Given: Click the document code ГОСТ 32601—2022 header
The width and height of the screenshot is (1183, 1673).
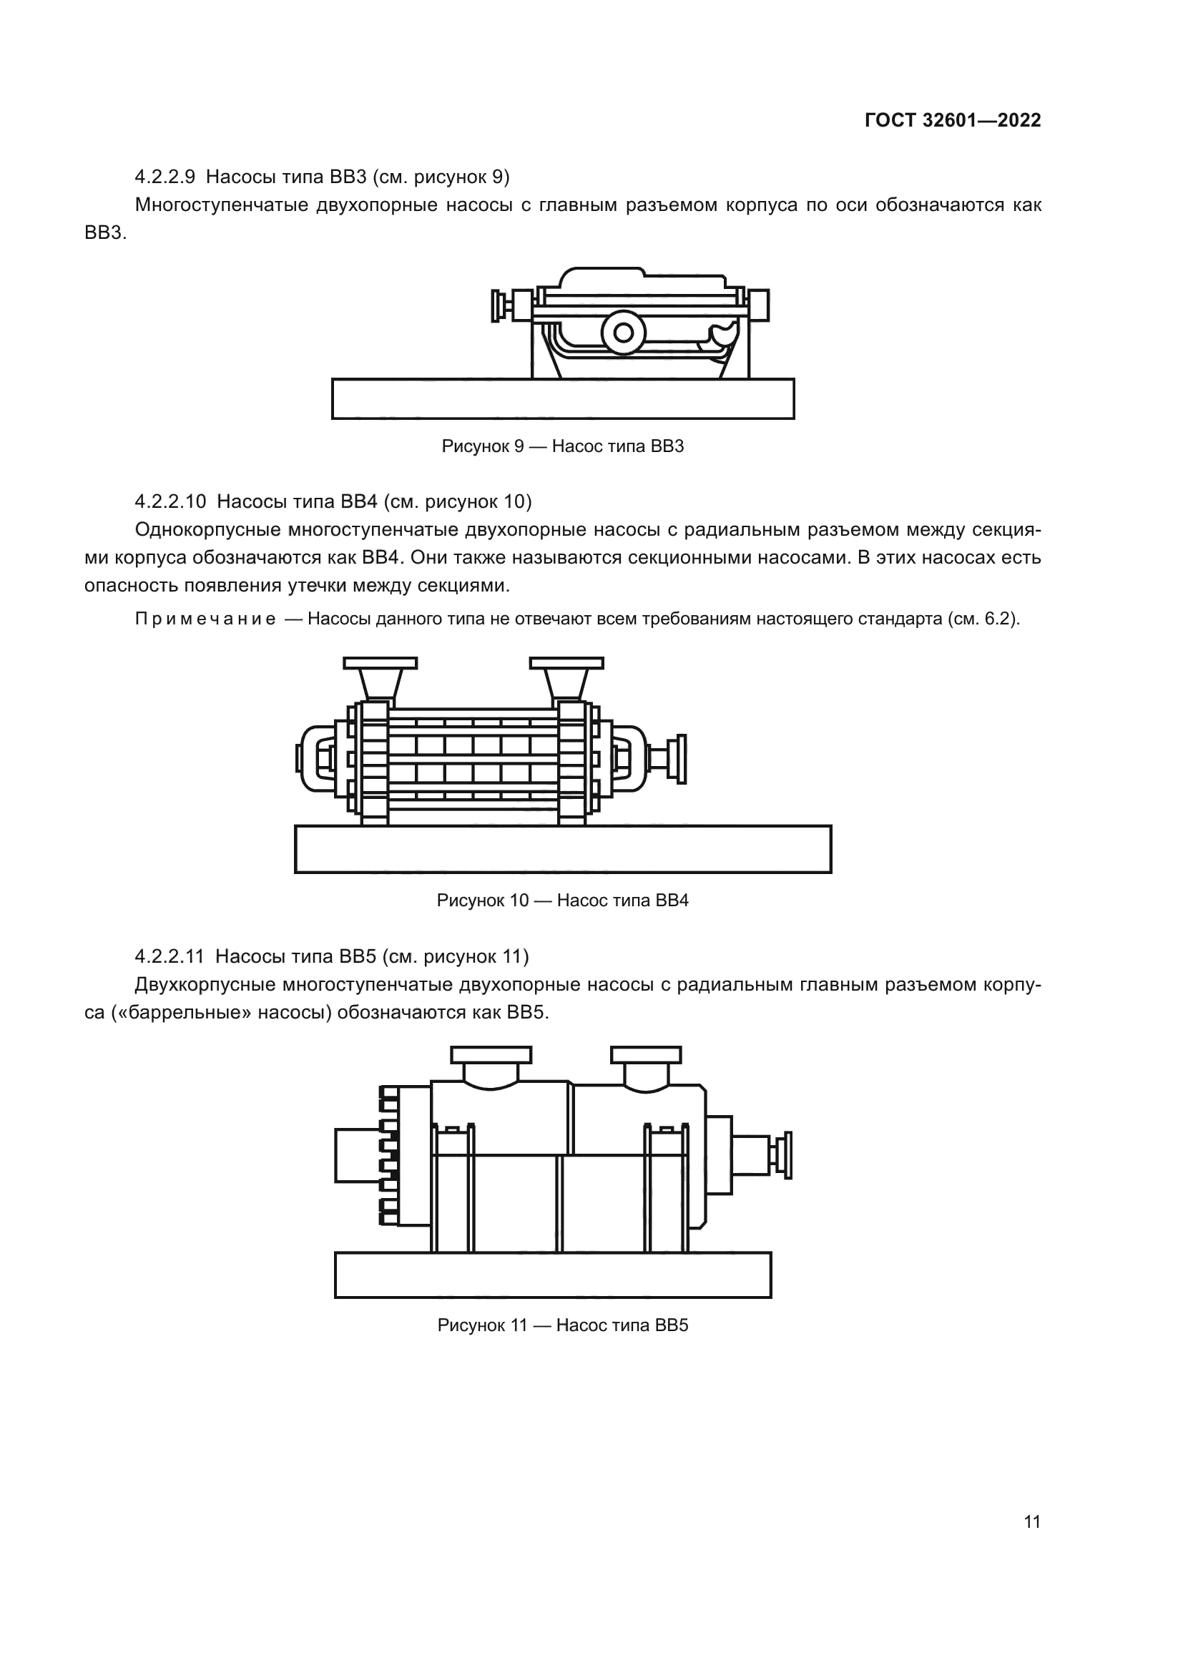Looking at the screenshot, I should tap(953, 121).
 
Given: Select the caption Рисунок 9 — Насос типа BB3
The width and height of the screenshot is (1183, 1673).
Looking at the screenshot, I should tap(562, 446).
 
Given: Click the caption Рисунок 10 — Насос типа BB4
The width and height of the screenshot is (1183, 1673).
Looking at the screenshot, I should tap(562, 901).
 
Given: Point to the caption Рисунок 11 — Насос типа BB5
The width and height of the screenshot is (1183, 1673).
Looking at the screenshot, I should tap(562, 1325).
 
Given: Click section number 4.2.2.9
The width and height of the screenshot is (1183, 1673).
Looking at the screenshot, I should tap(165, 177).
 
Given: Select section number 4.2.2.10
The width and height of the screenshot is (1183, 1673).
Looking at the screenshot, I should tap(170, 502).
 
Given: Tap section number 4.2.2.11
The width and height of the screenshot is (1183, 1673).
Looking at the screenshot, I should tap(169, 956).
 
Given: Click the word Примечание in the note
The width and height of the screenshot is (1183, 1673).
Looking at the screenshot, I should tap(205, 620).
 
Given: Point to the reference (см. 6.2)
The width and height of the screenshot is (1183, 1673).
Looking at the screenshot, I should tap(983, 620).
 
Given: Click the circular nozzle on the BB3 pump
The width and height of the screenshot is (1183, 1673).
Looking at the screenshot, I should tap(624, 333).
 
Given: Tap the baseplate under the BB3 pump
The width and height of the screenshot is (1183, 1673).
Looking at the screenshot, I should tap(562, 399).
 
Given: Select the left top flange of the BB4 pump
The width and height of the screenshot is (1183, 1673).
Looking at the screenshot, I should tap(381, 663).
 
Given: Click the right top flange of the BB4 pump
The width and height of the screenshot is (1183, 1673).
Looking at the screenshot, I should tap(566, 663).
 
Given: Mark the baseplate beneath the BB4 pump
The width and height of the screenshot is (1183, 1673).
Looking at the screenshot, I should tap(562, 850).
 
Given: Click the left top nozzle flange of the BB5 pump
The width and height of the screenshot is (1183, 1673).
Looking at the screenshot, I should tap(491, 1055).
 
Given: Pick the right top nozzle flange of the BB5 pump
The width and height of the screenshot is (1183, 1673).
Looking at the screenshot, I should tap(646, 1055).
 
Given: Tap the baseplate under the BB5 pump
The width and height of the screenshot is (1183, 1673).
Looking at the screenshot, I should tap(553, 1275).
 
